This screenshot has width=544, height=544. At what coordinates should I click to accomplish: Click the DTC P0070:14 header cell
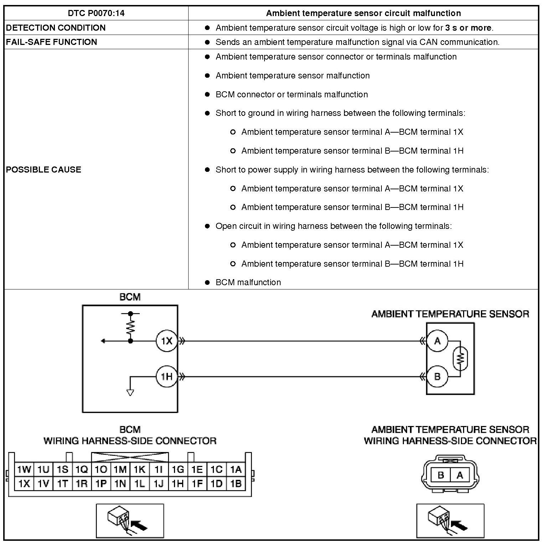point(96,14)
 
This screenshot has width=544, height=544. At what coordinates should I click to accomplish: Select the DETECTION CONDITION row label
point(56,28)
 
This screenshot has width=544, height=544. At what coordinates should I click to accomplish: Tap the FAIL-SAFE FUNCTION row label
point(52,42)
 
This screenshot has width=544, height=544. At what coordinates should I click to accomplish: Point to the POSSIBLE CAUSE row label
point(43,169)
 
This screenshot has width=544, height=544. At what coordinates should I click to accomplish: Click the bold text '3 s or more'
point(468,28)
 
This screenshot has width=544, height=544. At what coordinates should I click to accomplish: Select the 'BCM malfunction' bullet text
point(248,282)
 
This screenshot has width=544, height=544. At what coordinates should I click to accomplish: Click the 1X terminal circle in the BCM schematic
point(166,341)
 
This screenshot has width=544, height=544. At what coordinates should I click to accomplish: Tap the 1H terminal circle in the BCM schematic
point(166,376)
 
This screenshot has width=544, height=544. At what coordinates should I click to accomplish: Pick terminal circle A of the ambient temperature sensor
point(437,341)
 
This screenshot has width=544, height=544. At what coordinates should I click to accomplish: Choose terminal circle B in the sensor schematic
point(437,376)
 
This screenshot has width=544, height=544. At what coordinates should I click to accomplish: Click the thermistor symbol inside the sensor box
point(460,358)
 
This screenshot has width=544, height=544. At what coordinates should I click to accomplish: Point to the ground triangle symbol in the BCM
point(130,392)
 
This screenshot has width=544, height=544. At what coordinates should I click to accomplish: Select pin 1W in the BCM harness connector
point(24,469)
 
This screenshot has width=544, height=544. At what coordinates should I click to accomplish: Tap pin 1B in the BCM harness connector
point(236,484)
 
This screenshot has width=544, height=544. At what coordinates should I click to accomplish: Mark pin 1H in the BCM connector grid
point(178,484)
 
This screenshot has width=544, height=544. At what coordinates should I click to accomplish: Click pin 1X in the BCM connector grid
point(24,484)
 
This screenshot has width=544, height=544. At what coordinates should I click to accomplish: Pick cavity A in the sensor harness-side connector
point(460,475)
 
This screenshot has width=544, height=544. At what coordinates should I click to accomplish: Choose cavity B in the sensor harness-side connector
point(441,475)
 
